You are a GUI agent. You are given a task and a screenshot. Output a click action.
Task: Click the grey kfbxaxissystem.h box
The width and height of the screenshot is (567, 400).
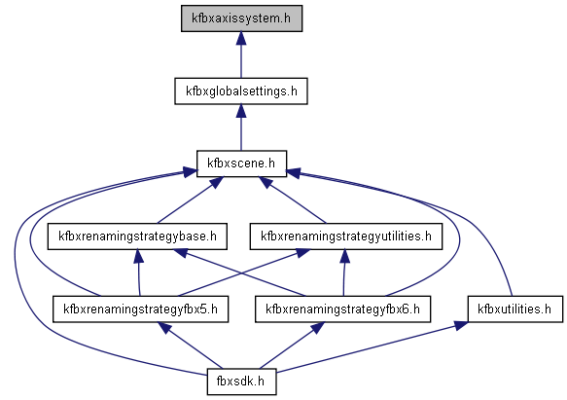coord(241,18)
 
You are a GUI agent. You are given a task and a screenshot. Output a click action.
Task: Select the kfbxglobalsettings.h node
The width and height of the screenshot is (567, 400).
coord(241,91)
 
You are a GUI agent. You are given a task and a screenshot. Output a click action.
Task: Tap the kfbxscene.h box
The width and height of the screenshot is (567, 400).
coord(241,164)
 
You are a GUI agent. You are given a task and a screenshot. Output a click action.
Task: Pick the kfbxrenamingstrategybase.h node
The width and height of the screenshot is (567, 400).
coord(137,236)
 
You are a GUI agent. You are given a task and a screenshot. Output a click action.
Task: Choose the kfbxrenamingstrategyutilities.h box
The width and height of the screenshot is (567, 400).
coord(346,236)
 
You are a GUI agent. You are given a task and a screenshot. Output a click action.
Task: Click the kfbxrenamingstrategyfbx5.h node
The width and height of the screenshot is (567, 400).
coord(141,309)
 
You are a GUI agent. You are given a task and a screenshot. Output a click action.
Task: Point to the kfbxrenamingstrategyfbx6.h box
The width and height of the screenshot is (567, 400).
coord(342,309)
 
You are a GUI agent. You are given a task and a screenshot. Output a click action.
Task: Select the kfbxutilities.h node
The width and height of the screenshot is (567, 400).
coord(514,309)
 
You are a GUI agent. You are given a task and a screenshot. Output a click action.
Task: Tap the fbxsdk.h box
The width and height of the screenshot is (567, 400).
coord(241,382)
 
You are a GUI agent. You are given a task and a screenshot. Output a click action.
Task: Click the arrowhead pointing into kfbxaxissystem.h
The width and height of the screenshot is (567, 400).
coord(241,38)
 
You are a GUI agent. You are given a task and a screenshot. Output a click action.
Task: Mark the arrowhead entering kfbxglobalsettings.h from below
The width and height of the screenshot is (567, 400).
coord(241,111)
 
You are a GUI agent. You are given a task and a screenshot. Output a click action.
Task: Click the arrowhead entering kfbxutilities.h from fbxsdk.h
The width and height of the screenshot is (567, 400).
coord(461,325)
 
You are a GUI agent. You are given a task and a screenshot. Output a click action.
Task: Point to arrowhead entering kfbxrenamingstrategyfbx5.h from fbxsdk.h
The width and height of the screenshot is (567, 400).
coord(165,328)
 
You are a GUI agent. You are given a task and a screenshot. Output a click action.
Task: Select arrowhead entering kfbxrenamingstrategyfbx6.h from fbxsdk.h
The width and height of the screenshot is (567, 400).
coord(318,328)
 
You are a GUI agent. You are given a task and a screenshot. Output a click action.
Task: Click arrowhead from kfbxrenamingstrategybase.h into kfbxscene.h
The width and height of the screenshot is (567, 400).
coord(217,182)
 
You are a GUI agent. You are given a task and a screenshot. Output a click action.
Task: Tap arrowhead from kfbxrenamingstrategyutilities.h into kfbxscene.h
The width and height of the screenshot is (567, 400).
coord(266,182)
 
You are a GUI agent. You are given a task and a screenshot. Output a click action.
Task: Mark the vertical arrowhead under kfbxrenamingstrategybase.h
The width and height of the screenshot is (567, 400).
coord(138,256)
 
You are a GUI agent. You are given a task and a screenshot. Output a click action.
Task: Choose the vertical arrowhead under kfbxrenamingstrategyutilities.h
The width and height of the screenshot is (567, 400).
coord(345,256)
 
